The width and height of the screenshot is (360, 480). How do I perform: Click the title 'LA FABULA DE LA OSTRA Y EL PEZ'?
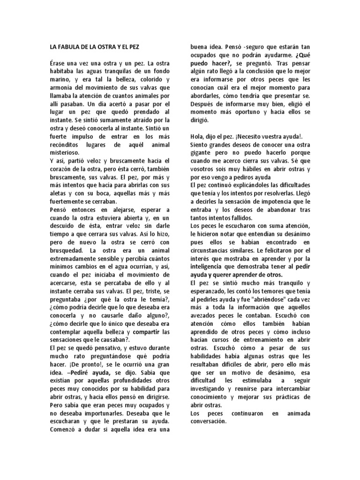[x=94, y=47]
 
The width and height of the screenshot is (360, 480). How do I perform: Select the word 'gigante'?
[x=202, y=153]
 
